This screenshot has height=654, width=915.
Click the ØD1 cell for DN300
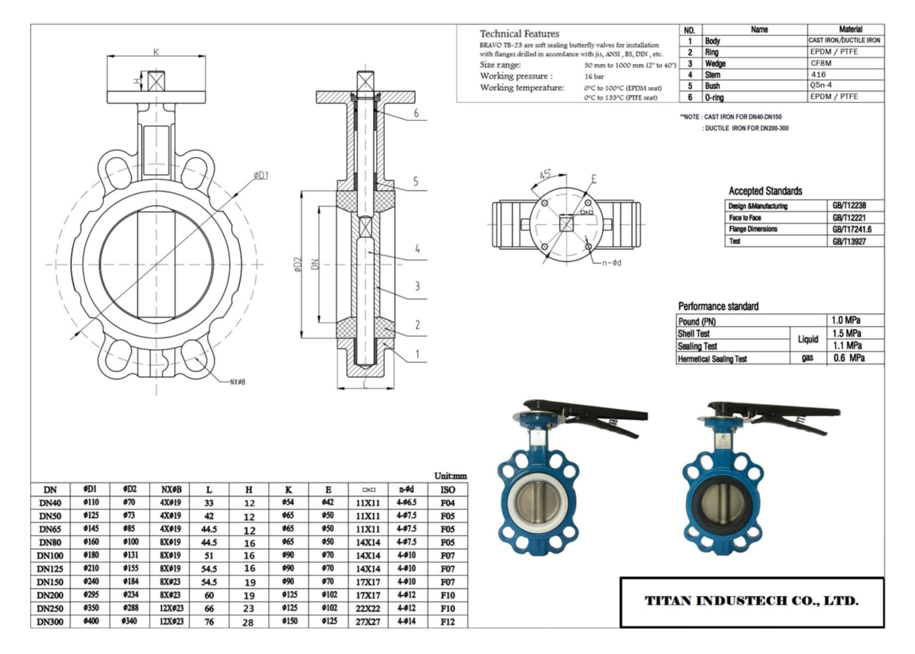[x=91, y=621]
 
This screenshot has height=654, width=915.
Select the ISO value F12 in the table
[x=447, y=622]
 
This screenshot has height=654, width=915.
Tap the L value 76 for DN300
[x=209, y=622]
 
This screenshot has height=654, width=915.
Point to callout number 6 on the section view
[x=416, y=113]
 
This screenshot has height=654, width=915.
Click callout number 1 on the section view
[x=418, y=354]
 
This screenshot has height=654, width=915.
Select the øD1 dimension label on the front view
[x=261, y=176]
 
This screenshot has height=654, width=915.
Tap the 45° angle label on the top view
[x=545, y=174]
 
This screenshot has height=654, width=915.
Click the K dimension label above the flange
[x=156, y=52]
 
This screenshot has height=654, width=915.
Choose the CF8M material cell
[x=821, y=63]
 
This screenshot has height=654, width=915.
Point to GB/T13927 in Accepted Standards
[x=849, y=241]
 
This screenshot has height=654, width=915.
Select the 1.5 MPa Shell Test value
[x=846, y=333]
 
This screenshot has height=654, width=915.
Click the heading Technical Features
[x=519, y=34]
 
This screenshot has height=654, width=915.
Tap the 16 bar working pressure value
[x=594, y=76]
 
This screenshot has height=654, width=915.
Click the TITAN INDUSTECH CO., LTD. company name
[x=752, y=601]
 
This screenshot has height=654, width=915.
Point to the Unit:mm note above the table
[x=450, y=476]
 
